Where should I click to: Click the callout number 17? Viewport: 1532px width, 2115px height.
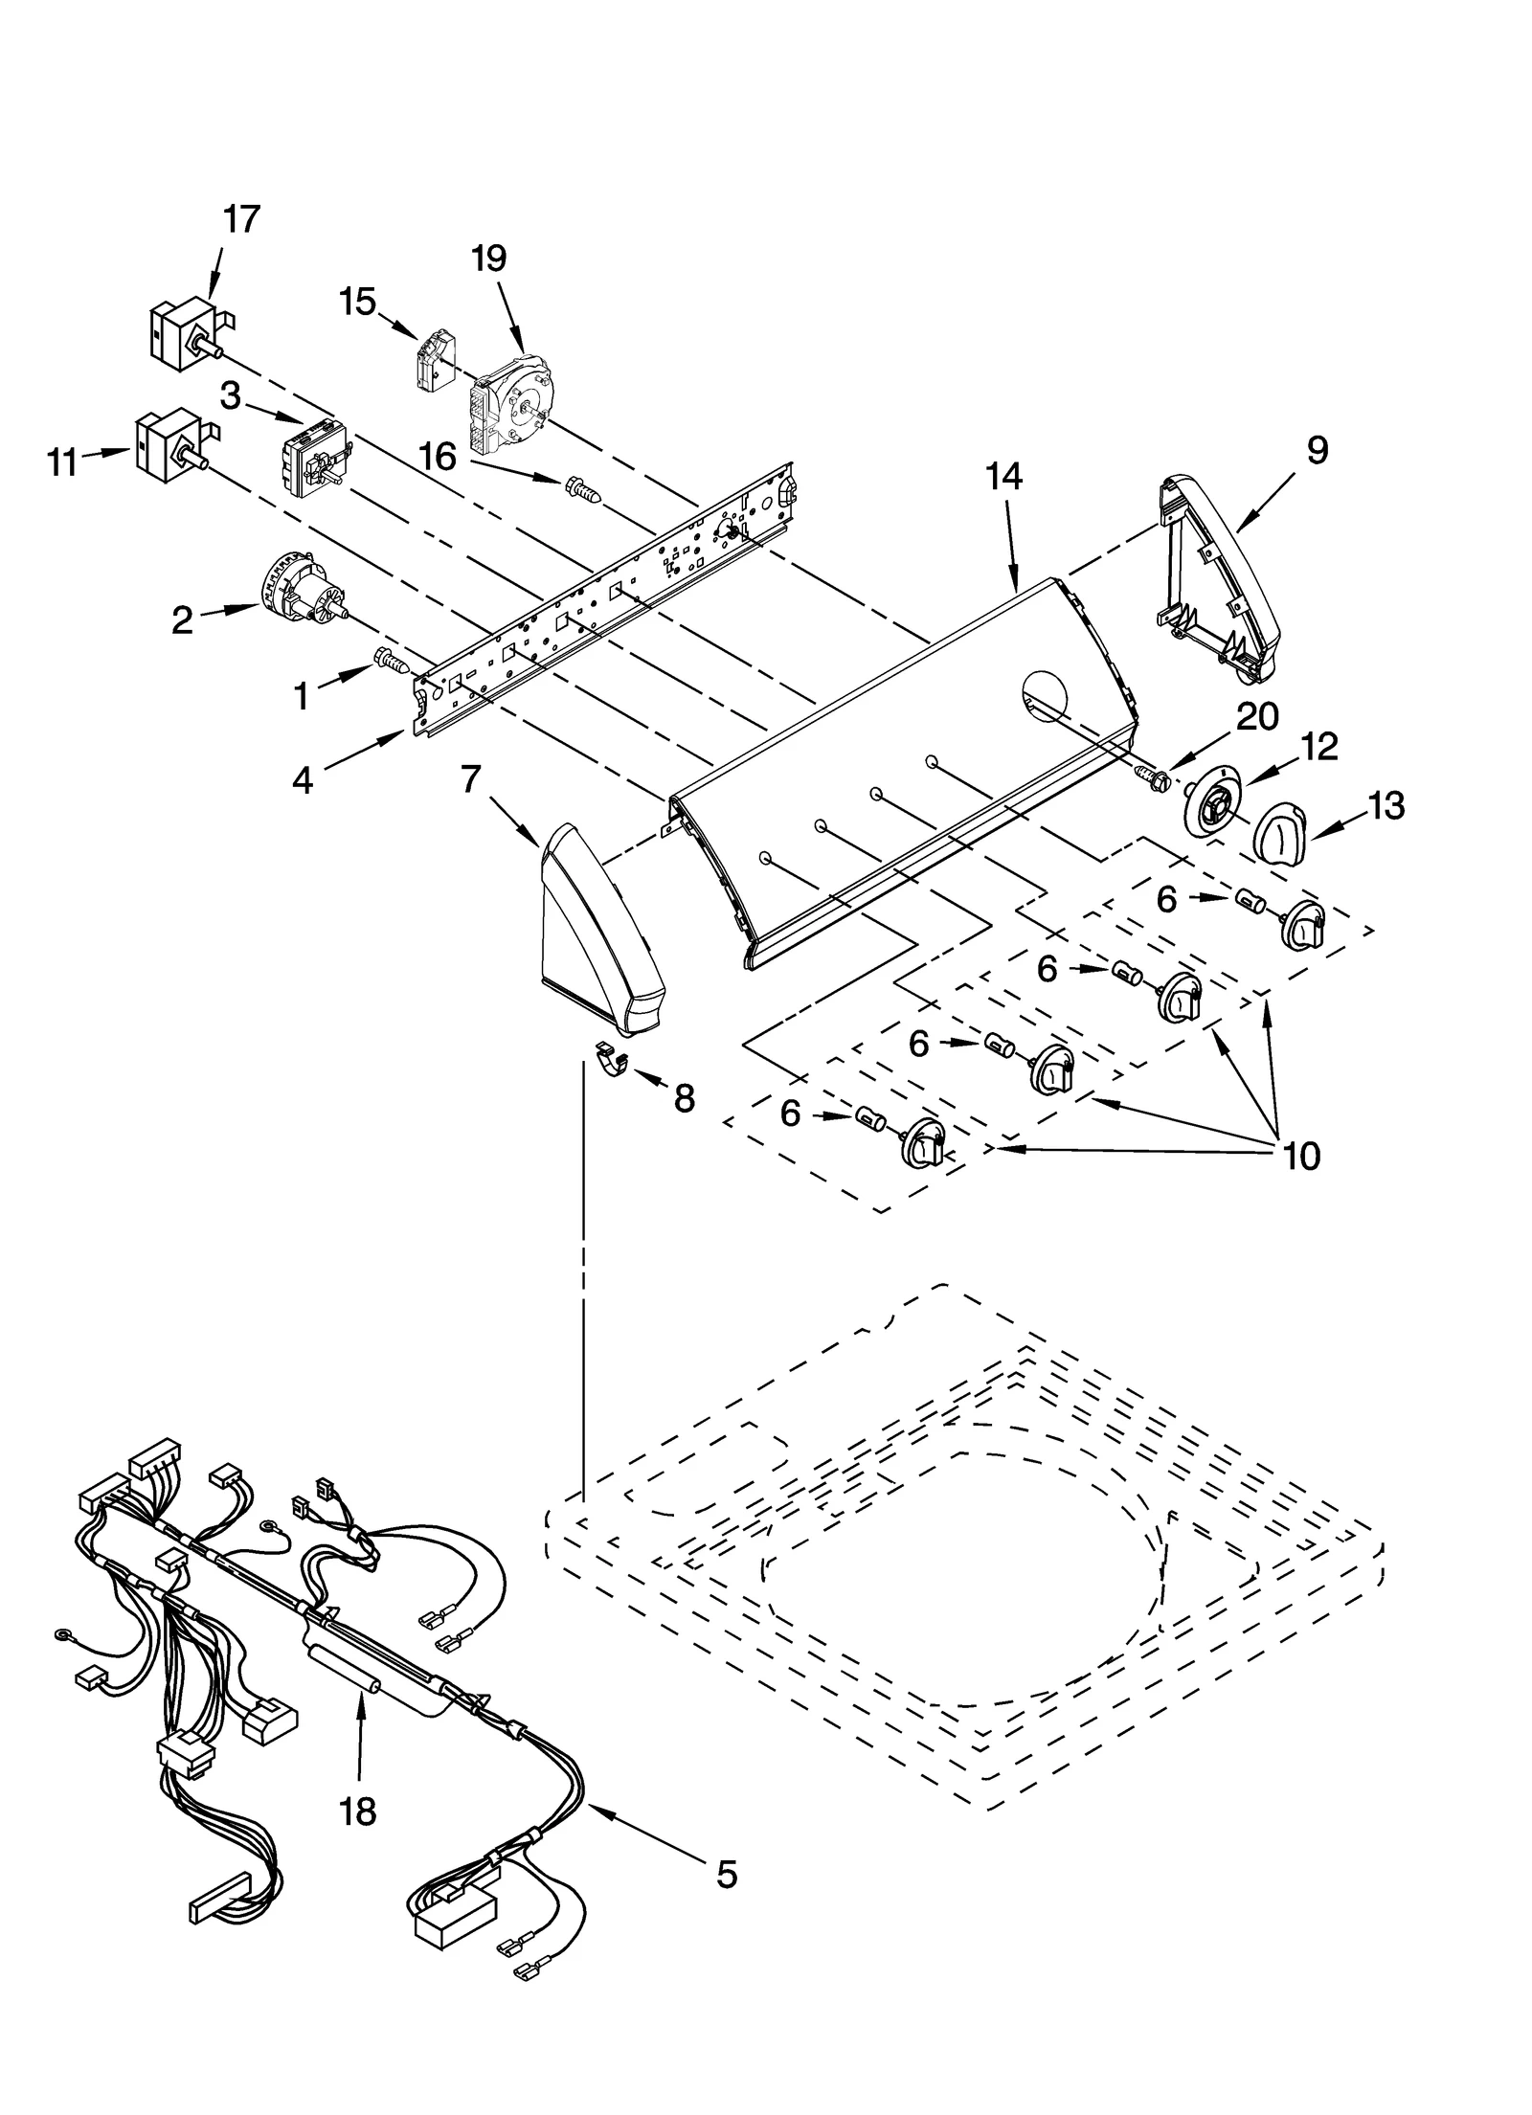click(241, 219)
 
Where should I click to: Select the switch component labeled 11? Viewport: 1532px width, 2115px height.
click(170, 446)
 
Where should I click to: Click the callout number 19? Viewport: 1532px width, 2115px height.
click(489, 258)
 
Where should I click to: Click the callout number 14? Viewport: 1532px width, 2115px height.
click(1003, 476)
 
